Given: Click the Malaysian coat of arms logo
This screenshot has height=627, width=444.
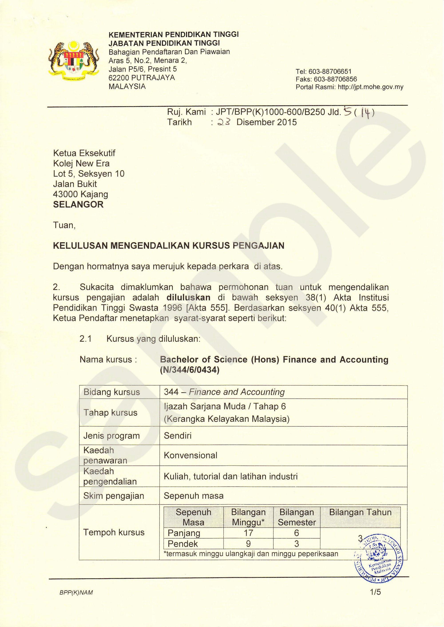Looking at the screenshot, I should click(73, 60).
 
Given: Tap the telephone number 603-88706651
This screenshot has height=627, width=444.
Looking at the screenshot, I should click(330, 72).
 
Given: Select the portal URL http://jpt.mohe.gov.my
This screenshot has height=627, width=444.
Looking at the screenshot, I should click(371, 87).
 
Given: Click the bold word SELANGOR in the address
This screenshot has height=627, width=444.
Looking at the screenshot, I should click(78, 205).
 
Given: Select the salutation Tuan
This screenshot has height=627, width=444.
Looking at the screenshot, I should click(64, 225).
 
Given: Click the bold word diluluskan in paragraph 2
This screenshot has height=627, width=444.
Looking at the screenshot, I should click(188, 297).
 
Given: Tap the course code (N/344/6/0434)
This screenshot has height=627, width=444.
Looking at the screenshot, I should click(189, 370).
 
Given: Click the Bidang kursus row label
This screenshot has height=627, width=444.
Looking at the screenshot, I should click(111, 392).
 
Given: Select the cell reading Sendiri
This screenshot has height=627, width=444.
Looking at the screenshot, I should click(178, 436).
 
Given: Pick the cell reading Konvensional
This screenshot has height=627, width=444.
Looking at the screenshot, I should click(190, 455).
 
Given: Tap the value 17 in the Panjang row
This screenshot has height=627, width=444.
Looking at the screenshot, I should click(248, 533).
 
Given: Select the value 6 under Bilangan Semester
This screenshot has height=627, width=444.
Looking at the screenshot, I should click(297, 533).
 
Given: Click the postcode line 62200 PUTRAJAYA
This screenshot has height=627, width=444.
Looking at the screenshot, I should click(142, 78).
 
